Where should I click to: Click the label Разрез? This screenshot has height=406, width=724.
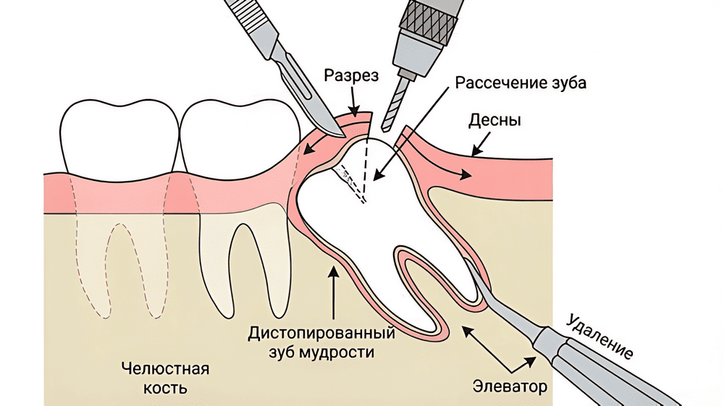coord(351,76)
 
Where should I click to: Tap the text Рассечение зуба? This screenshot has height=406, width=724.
coord(521,82)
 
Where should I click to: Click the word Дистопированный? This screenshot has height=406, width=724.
coord(321,335)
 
